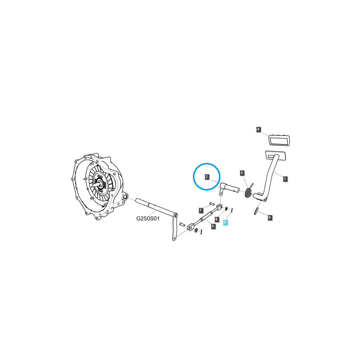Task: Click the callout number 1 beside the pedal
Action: (x=285, y=179)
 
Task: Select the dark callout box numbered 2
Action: (x=207, y=177)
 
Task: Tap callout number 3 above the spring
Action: (x=242, y=173)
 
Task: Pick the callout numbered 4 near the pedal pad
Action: (x=259, y=130)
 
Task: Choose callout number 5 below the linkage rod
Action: (x=213, y=226)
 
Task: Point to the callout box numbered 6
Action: (x=269, y=217)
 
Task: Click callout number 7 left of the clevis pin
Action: (x=201, y=210)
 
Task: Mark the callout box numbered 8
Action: (x=216, y=219)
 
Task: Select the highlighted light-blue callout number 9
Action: (x=226, y=222)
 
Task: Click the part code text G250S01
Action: (x=148, y=219)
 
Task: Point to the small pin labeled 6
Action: (x=256, y=211)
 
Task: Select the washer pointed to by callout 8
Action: (x=226, y=208)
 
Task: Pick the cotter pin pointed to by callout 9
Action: (x=232, y=210)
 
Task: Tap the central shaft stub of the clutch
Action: (x=95, y=185)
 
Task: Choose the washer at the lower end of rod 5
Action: (x=196, y=230)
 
